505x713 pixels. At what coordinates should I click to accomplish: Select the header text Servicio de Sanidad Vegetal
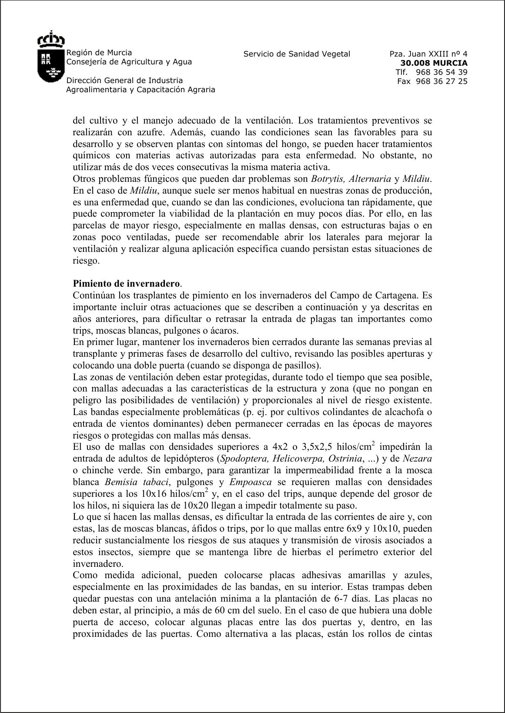297,54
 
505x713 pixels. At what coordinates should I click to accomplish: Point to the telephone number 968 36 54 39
441,72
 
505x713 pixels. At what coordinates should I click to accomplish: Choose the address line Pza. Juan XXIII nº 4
428,54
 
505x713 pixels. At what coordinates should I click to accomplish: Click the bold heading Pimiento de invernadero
126,284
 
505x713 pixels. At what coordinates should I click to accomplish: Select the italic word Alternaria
370,179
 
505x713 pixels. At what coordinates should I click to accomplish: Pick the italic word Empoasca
251,482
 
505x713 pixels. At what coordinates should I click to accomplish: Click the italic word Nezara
417,459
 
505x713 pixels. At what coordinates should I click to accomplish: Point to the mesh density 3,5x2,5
320,447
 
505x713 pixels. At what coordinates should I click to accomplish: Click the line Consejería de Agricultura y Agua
129,62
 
